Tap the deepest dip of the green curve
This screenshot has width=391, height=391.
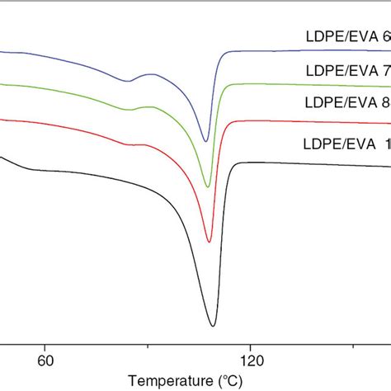pyautogui.click(x=208, y=186)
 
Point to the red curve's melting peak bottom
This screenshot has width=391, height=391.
pyautogui.click(x=210, y=242)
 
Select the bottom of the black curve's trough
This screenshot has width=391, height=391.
pyautogui.click(x=213, y=326)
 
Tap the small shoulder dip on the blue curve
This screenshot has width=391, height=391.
pyautogui.click(x=128, y=81)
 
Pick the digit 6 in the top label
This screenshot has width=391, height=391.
pyautogui.click(x=386, y=36)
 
